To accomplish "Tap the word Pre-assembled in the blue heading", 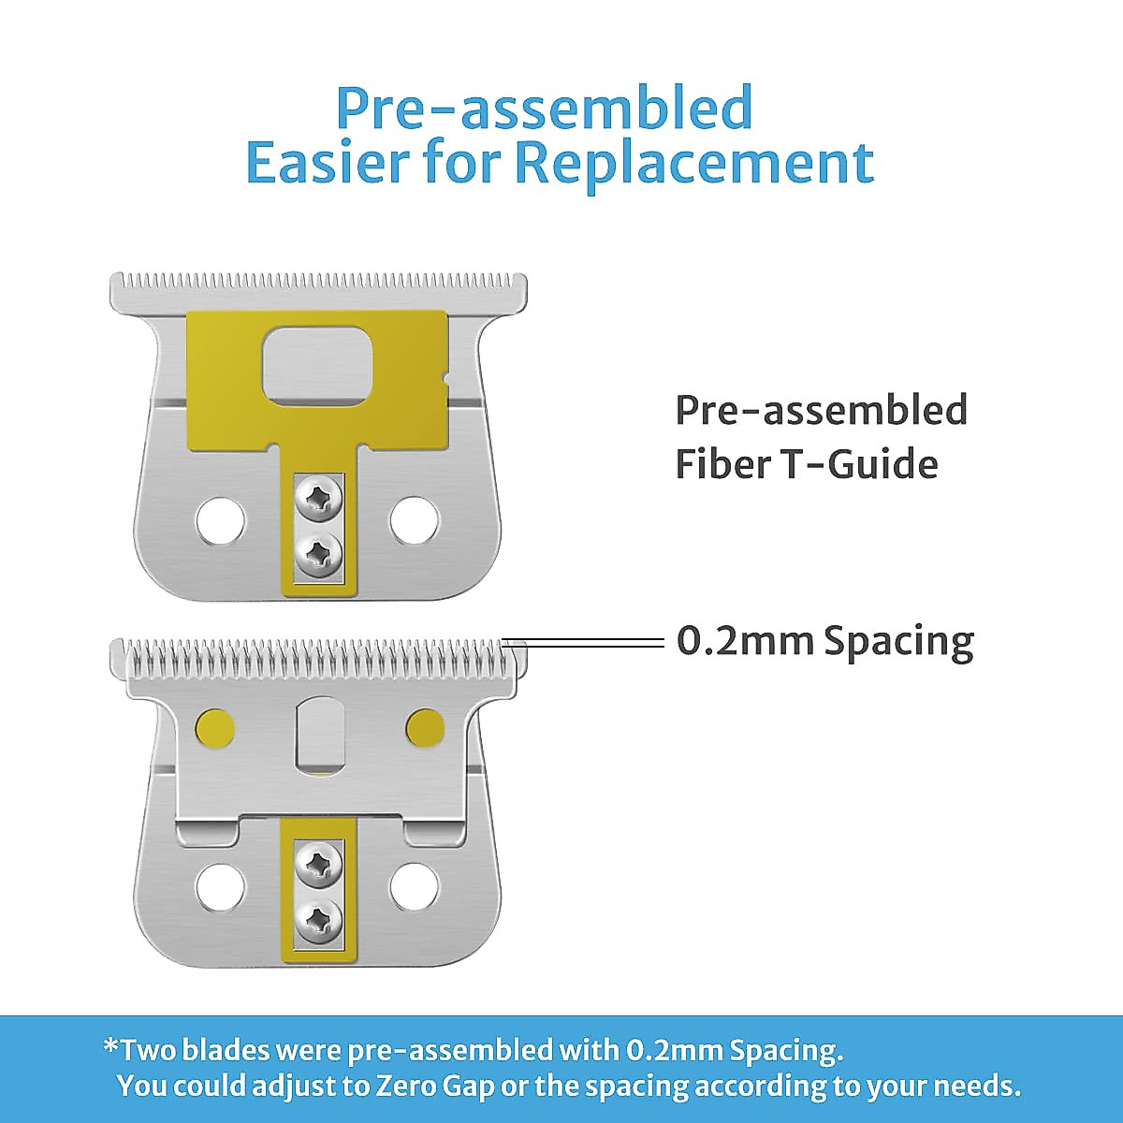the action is pos(545,108).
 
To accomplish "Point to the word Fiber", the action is pos(722,464).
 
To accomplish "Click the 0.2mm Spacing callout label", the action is pos(825,642).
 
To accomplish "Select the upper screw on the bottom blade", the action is pos(318,863).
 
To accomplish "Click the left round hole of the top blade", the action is pos(220,520).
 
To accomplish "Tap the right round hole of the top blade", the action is pos(414,520).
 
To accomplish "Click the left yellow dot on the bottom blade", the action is pos(215,728).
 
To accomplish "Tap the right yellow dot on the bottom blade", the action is pos(426,728).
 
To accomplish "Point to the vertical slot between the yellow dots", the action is pos(320,733).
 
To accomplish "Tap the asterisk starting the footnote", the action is pos(110,1045).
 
